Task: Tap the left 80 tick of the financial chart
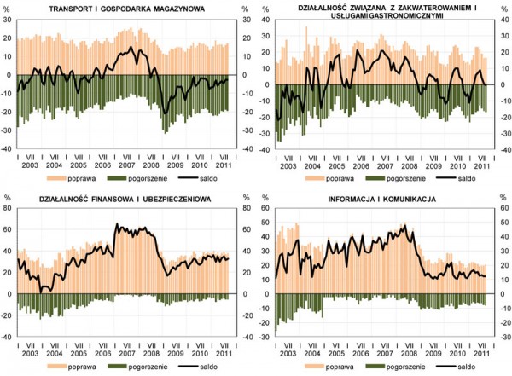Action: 7,207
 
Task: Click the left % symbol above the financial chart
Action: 8,198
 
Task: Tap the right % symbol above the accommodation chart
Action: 504,8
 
